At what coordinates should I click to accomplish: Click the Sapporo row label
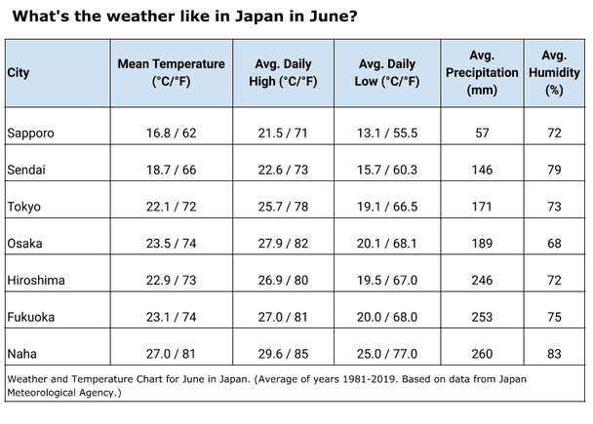tap(30, 133)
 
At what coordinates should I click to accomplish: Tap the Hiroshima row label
tap(35, 281)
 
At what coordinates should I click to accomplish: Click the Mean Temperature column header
tap(171, 73)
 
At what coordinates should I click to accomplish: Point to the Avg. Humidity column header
tap(554, 73)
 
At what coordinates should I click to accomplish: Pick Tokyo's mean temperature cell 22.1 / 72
tap(171, 207)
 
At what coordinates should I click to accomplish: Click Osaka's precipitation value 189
tap(481, 244)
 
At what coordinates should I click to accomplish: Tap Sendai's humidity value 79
tap(554, 170)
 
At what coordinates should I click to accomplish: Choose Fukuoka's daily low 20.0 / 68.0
tap(387, 318)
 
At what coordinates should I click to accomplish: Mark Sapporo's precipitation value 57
tap(481, 133)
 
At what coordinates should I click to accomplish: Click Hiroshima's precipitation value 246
tap(481, 281)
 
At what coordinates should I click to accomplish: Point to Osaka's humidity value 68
tap(554, 244)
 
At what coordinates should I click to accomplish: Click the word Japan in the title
tap(260, 17)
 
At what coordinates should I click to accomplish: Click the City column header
tap(18, 73)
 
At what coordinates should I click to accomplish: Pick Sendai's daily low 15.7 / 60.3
tap(387, 170)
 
